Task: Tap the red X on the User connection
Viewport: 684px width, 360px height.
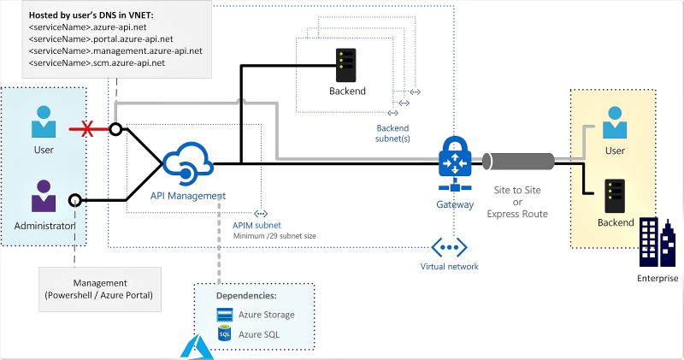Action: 85,130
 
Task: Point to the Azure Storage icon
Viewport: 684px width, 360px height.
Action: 225,315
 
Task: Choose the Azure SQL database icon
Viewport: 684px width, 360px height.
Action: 225,333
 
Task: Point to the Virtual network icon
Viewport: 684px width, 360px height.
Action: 449,248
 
